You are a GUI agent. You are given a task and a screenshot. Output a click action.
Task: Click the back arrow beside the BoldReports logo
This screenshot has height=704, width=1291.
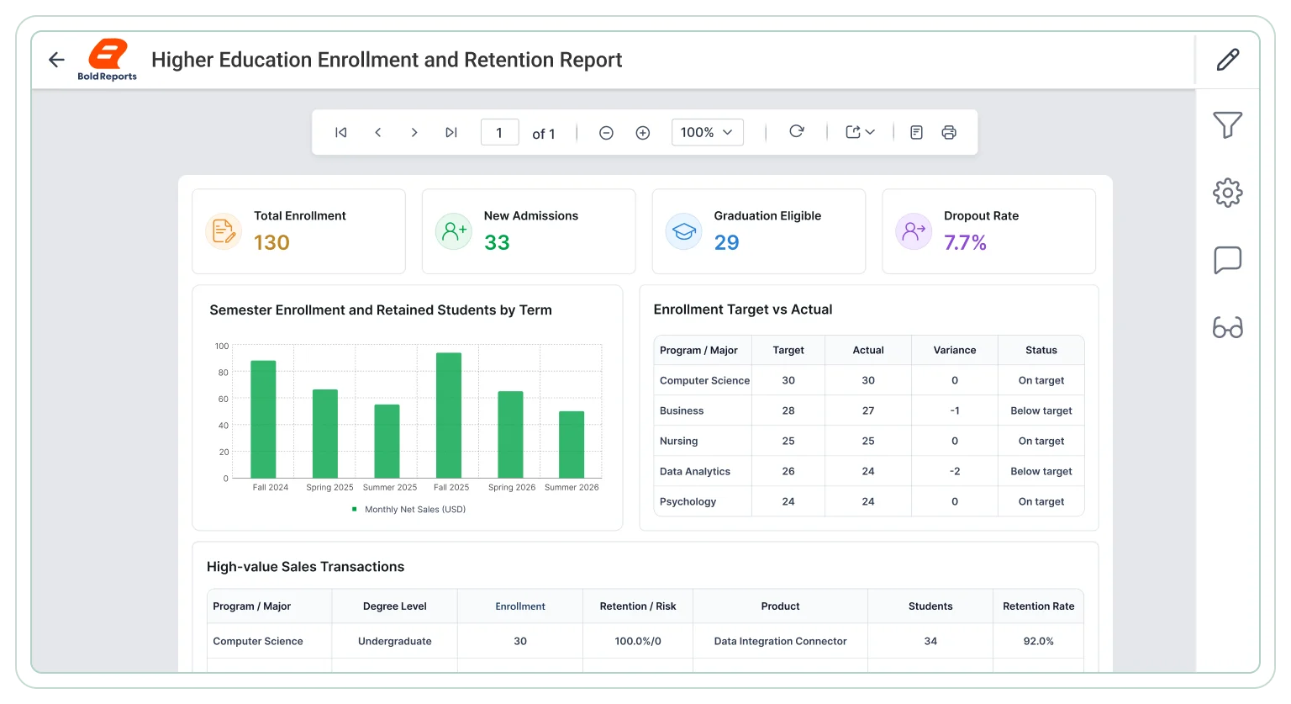56,60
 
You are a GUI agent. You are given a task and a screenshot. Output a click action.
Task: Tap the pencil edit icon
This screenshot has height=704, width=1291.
1228,60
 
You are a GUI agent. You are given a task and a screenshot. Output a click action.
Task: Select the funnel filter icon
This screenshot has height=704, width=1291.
1228,124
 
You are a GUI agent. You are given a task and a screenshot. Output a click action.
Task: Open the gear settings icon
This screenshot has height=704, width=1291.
1228,193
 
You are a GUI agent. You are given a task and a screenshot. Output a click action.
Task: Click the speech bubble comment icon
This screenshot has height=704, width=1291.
1228,260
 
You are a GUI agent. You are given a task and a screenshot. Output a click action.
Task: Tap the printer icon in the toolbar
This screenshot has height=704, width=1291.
949,133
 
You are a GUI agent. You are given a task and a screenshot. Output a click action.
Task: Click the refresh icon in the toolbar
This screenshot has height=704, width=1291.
797,131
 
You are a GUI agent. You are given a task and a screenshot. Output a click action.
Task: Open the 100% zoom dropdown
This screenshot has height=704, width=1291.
707,133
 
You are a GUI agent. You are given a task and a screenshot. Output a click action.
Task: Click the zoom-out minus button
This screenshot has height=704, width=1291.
606,133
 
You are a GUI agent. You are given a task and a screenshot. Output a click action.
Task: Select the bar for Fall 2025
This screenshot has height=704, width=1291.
448,416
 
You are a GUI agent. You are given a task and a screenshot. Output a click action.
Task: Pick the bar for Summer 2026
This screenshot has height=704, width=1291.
572,445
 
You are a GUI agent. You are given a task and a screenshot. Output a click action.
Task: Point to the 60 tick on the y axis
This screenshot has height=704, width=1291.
223,399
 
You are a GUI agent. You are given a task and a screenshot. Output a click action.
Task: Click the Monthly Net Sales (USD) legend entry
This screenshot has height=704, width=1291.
408,509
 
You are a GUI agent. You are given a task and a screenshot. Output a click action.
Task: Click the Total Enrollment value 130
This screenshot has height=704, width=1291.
271,242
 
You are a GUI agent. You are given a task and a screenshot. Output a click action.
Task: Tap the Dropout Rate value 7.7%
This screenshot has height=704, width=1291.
965,242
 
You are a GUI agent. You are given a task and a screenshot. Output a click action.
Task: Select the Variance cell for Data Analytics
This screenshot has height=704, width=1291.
955,471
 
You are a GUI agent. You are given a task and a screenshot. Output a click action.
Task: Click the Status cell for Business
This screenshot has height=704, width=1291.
1041,410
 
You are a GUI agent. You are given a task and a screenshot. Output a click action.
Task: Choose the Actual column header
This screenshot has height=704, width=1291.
868,350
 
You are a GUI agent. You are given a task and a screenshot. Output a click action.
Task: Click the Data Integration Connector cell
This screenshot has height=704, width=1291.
780,641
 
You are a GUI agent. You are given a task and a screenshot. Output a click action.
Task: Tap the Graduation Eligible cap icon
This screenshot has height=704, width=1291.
683,231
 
